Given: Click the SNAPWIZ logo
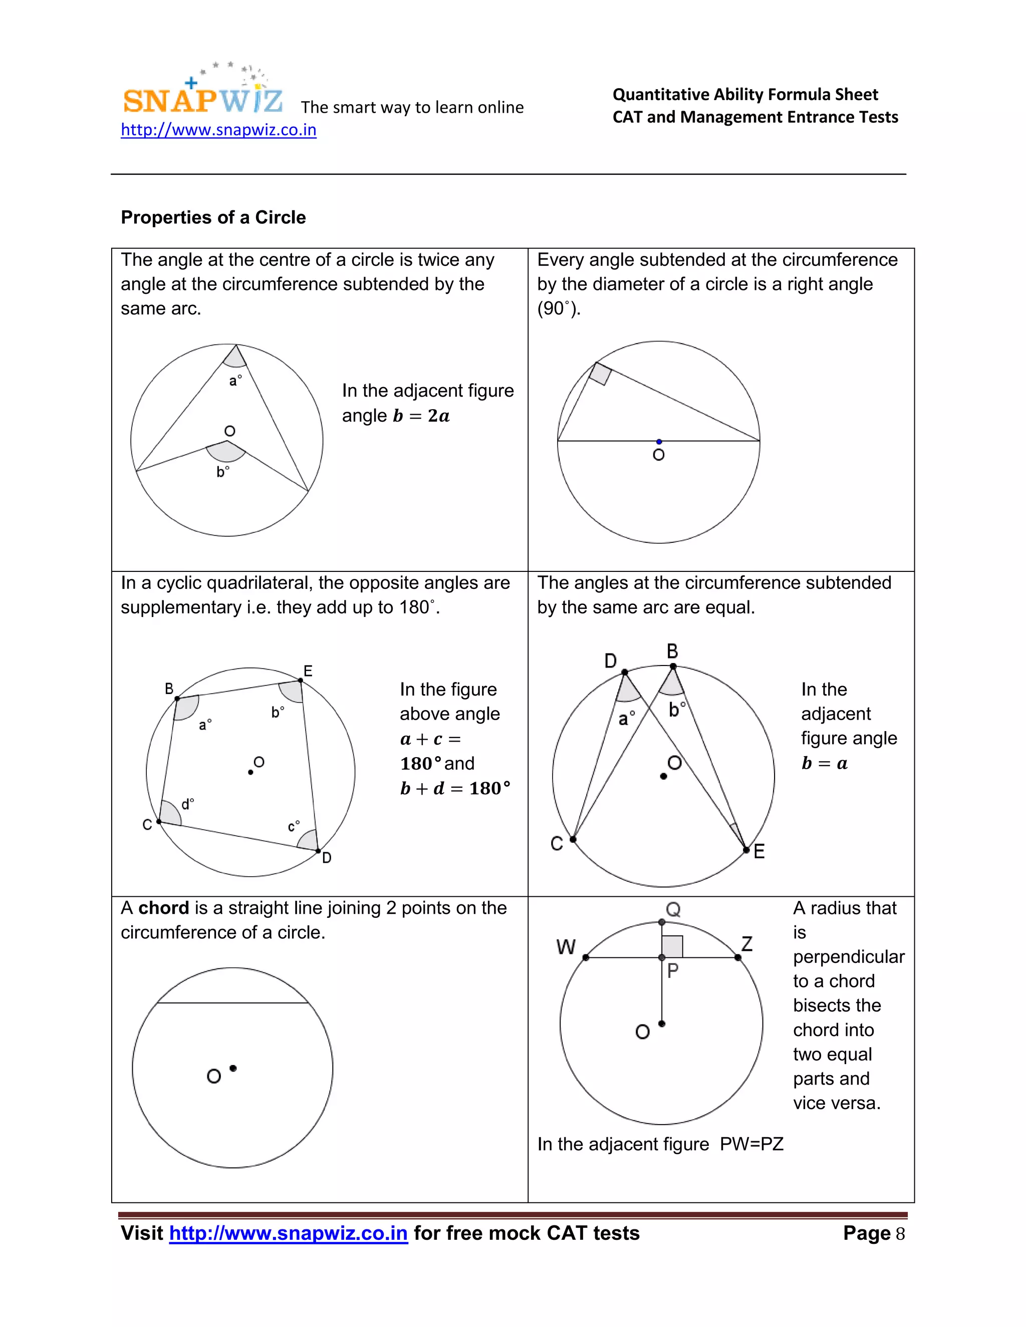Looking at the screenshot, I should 202,97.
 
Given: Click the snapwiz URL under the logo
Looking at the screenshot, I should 218,130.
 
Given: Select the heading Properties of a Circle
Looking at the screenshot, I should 213,217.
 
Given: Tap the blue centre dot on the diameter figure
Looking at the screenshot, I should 659,442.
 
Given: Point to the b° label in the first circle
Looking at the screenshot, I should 222,472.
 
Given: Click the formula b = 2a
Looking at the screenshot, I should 421,416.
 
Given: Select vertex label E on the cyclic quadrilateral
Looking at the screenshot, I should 308,671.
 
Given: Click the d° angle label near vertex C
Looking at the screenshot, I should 188,805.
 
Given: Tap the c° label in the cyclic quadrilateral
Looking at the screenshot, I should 294,826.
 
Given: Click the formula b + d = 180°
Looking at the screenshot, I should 455,789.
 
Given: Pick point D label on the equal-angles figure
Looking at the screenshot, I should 610,660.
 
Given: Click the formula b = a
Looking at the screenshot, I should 824,764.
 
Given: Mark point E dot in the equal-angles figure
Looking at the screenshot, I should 746,849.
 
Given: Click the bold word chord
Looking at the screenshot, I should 163,908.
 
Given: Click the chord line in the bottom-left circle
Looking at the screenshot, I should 233,1003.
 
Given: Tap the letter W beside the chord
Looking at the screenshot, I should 566,946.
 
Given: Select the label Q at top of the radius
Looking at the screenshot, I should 673,909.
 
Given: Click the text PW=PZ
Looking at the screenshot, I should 751,1144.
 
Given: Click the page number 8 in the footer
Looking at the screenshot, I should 900,1234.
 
